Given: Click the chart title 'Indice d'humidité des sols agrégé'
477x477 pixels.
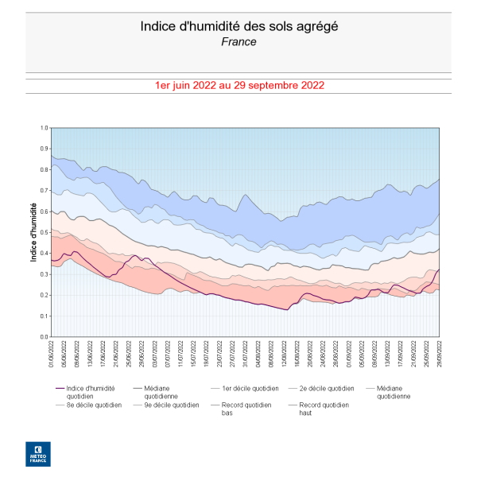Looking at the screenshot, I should tap(238, 25).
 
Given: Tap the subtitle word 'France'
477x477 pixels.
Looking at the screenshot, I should tap(238, 41).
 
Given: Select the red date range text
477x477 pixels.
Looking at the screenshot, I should tap(238, 85).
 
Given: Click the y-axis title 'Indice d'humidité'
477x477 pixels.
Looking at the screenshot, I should tap(33, 231).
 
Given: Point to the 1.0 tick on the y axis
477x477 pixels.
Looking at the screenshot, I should tap(45, 128).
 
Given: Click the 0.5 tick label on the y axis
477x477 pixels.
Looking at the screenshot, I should tap(45, 232).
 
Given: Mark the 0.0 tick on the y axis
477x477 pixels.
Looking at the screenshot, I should tap(45, 336).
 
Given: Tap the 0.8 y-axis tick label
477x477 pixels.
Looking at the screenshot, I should tap(45, 169).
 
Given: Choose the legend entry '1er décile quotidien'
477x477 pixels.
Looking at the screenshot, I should tap(250, 389).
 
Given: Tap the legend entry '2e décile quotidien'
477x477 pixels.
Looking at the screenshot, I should tap(327, 389).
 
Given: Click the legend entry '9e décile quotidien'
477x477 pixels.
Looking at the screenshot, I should tap(171, 405).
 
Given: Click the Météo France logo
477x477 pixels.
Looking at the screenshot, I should tap(37, 454).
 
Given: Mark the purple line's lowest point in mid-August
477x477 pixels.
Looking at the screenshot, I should tap(287, 310).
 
